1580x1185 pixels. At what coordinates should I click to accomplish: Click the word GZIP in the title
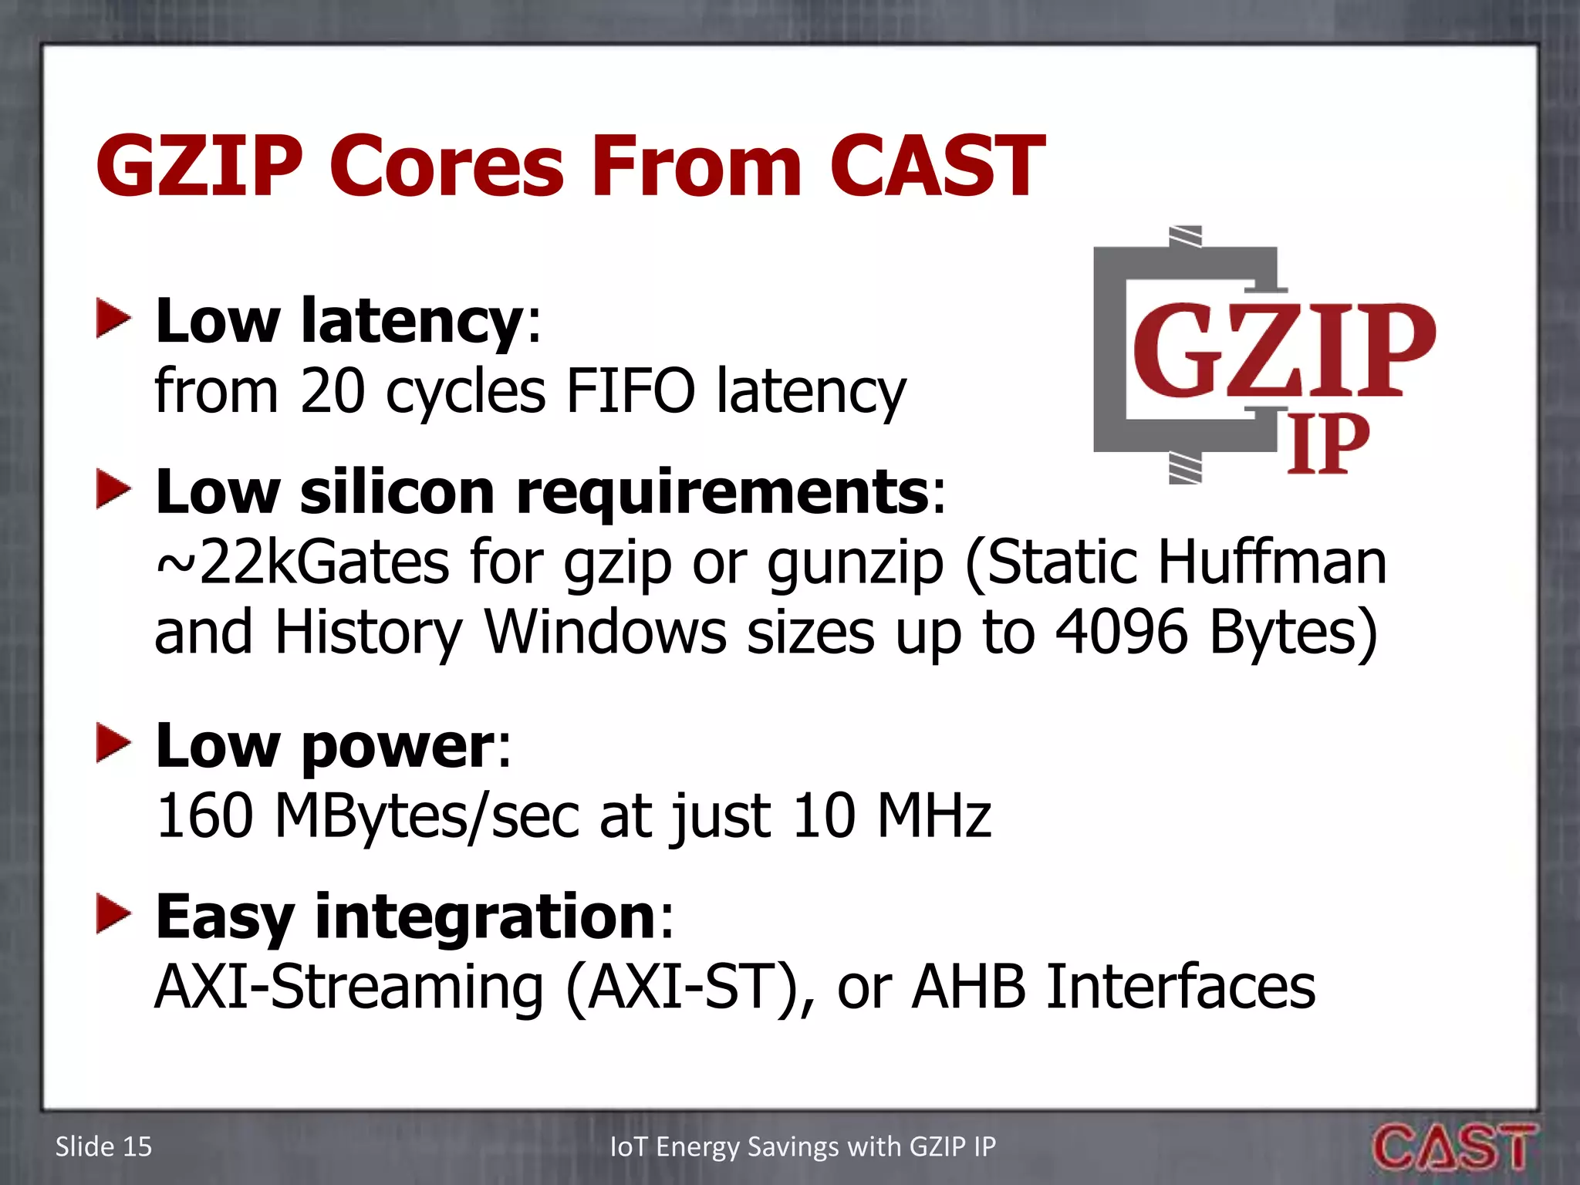click(199, 166)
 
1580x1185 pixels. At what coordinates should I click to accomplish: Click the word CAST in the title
click(937, 166)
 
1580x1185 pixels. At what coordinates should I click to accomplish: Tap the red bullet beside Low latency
click(113, 319)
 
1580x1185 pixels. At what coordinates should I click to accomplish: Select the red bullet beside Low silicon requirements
click(113, 491)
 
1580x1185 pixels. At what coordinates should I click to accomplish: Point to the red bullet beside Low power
click(113, 744)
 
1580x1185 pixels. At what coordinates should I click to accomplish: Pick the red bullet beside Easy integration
click(113, 915)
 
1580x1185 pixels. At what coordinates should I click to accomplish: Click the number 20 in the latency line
click(333, 391)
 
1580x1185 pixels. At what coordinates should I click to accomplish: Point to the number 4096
click(1121, 632)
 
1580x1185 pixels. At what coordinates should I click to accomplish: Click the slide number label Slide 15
click(103, 1147)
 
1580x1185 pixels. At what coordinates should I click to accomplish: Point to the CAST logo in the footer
click(1453, 1147)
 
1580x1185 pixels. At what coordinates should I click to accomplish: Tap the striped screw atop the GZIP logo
click(1185, 236)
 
